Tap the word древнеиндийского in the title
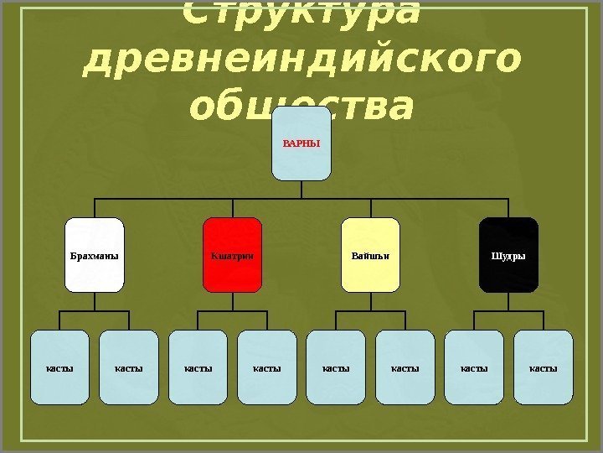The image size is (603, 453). tap(301, 60)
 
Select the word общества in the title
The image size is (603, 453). tap(301, 107)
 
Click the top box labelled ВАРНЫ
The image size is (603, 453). tap(301, 143)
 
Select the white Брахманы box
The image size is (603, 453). tap(95, 255)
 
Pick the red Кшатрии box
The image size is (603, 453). tap(233, 255)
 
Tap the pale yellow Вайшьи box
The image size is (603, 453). tap(370, 255)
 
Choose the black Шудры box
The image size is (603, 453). tap(508, 255)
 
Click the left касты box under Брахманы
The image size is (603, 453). tap(59, 367)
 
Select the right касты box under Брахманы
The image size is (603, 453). tap(129, 367)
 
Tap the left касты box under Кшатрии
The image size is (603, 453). tap(198, 367)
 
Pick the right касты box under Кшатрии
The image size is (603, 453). tap(267, 367)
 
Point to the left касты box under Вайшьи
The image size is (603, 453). tap(336, 367)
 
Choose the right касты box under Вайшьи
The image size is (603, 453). tap(405, 367)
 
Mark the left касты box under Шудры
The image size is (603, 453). tap(474, 367)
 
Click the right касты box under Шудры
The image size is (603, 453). tap(544, 367)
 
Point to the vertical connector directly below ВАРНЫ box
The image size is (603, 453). tap(301, 190)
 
